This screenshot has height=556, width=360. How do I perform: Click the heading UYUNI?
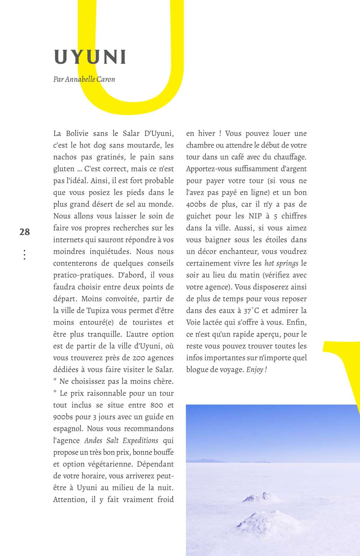point(90,57)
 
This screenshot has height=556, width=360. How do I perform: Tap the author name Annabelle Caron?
point(90,79)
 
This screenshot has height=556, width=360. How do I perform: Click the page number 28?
point(25,232)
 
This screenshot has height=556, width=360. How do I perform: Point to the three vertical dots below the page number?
point(25,255)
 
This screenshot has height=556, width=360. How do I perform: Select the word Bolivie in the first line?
point(77,133)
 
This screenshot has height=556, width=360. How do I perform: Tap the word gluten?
point(64,169)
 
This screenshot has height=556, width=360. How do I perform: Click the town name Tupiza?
point(98,310)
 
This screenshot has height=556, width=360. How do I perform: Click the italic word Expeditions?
point(140,441)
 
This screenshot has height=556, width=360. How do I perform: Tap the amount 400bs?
point(196,204)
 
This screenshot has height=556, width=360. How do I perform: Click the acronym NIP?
point(255,216)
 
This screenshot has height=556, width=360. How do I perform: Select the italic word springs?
point(287,263)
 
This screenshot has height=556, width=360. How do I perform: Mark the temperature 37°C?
point(251,311)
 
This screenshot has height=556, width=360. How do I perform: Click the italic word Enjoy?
point(255,370)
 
